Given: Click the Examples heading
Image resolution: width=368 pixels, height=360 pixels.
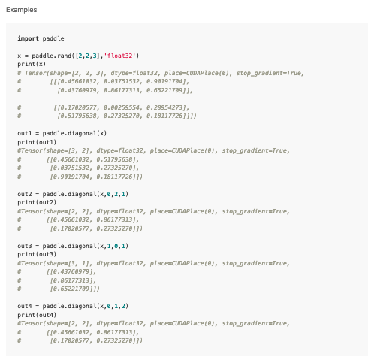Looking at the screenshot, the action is (22, 10).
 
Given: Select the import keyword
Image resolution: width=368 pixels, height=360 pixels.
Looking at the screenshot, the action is (28, 38).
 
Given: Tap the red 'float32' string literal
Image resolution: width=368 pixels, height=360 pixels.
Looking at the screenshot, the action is (119, 56).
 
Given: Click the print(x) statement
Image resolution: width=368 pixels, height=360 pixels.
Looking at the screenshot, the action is (32, 64).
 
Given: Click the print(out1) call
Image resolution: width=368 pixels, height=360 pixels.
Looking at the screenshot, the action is (37, 142).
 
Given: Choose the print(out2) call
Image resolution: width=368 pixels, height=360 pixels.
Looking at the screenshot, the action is (37, 202).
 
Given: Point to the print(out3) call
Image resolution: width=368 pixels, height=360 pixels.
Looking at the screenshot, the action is (37, 254).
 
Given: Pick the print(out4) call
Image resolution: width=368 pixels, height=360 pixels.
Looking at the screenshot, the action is (37, 315).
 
